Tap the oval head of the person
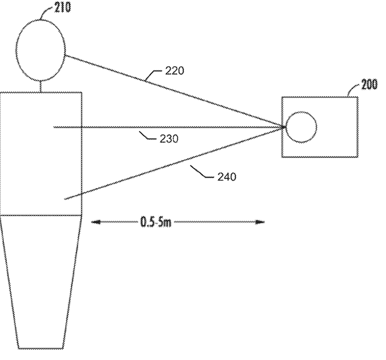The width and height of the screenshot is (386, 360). (x=41, y=50)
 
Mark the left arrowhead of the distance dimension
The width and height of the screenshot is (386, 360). (x=95, y=222)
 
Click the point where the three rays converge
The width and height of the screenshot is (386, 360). (x=285, y=127)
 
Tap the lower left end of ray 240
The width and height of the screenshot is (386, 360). (x=64, y=199)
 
